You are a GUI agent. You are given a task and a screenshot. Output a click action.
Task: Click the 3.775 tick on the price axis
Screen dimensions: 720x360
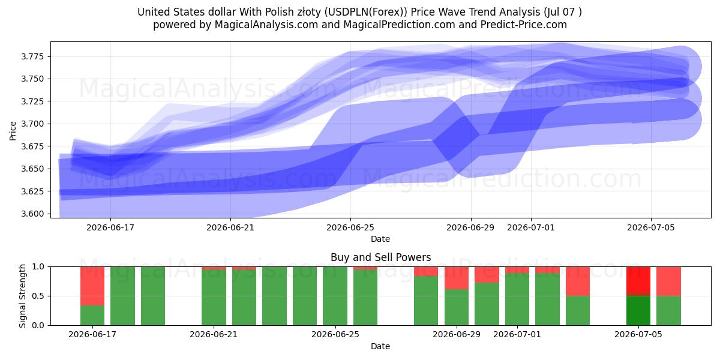click(33, 57)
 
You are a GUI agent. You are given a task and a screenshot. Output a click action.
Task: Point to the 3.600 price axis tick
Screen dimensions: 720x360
click(33, 214)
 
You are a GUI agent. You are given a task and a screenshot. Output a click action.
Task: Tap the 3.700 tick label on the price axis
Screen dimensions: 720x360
click(33, 124)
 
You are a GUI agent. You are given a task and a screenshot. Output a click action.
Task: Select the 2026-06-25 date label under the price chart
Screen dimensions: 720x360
click(350, 227)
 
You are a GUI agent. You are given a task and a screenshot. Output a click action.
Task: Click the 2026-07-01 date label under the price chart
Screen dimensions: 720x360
click(530, 227)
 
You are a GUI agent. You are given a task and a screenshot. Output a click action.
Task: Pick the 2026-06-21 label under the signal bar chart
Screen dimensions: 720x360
click(214, 334)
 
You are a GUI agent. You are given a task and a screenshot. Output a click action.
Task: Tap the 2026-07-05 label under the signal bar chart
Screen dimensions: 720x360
click(638, 334)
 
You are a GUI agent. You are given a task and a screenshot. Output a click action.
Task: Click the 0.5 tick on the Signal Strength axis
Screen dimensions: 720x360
click(38, 296)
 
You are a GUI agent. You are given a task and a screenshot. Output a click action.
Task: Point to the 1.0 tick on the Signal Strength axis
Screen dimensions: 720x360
click(38, 267)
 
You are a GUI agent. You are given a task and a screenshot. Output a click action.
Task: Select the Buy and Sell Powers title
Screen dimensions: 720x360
click(380, 257)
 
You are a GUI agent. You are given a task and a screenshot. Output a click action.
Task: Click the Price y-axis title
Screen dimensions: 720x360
click(13, 131)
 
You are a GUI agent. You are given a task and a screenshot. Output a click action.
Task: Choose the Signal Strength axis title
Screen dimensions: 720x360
click(22, 296)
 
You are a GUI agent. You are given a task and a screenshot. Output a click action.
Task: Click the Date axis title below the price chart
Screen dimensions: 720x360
click(380, 239)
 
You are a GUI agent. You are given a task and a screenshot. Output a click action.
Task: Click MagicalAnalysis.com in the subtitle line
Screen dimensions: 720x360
click(266, 25)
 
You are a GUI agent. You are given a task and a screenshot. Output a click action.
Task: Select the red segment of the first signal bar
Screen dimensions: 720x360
click(92, 286)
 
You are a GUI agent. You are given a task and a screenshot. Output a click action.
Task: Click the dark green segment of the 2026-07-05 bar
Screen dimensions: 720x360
click(638, 311)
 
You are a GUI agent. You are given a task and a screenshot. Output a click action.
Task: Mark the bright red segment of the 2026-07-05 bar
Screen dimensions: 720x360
click(638, 280)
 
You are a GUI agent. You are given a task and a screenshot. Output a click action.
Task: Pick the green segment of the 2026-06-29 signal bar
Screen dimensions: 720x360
click(457, 307)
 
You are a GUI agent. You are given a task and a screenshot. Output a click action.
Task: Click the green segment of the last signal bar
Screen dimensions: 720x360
click(668, 311)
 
